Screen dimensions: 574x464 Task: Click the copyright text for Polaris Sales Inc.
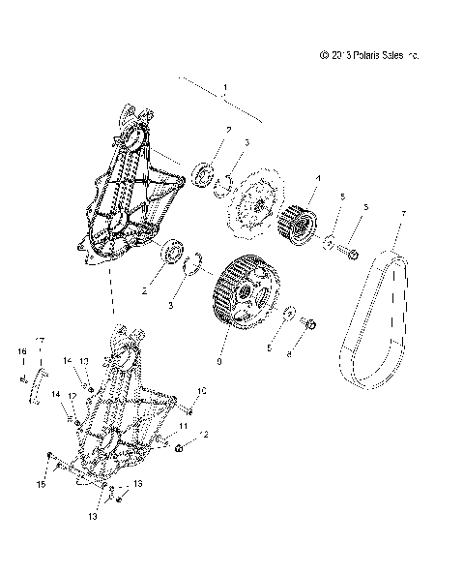[x=368, y=56]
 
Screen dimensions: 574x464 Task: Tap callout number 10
[x=203, y=391]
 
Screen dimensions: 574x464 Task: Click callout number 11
[x=183, y=425]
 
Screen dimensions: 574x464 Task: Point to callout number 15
[x=41, y=483]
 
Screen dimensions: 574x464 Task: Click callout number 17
[x=41, y=340]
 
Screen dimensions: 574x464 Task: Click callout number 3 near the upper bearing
[x=247, y=142]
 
